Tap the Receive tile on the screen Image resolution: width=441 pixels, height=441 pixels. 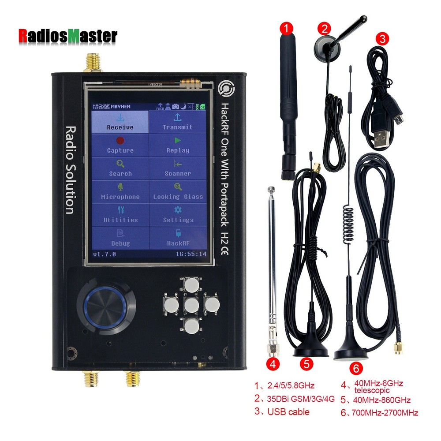pyautogui.click(x=120, y=122)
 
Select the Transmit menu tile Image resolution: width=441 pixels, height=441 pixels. pyautogui.click(x=177, y=122)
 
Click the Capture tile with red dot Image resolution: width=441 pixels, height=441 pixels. pyautogui.click(x=120, y=146)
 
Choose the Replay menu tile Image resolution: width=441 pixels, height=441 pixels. pyautogui.click(x=177, y=146)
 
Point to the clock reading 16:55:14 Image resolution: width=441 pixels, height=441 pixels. pyautogui.click(x=191, y=254)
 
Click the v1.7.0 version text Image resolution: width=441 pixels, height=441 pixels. pyautogui.click(x=105, y=254)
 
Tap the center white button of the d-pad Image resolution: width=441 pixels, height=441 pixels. pyautogui.click(x=191, y=305)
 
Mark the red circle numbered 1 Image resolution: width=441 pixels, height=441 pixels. pyautogui.click(x=287, y=30)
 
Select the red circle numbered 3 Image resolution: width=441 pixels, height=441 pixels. pyautogui.click(x=382, y=39)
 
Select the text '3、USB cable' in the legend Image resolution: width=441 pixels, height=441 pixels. pyautogui.click(x=282, y=412)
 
